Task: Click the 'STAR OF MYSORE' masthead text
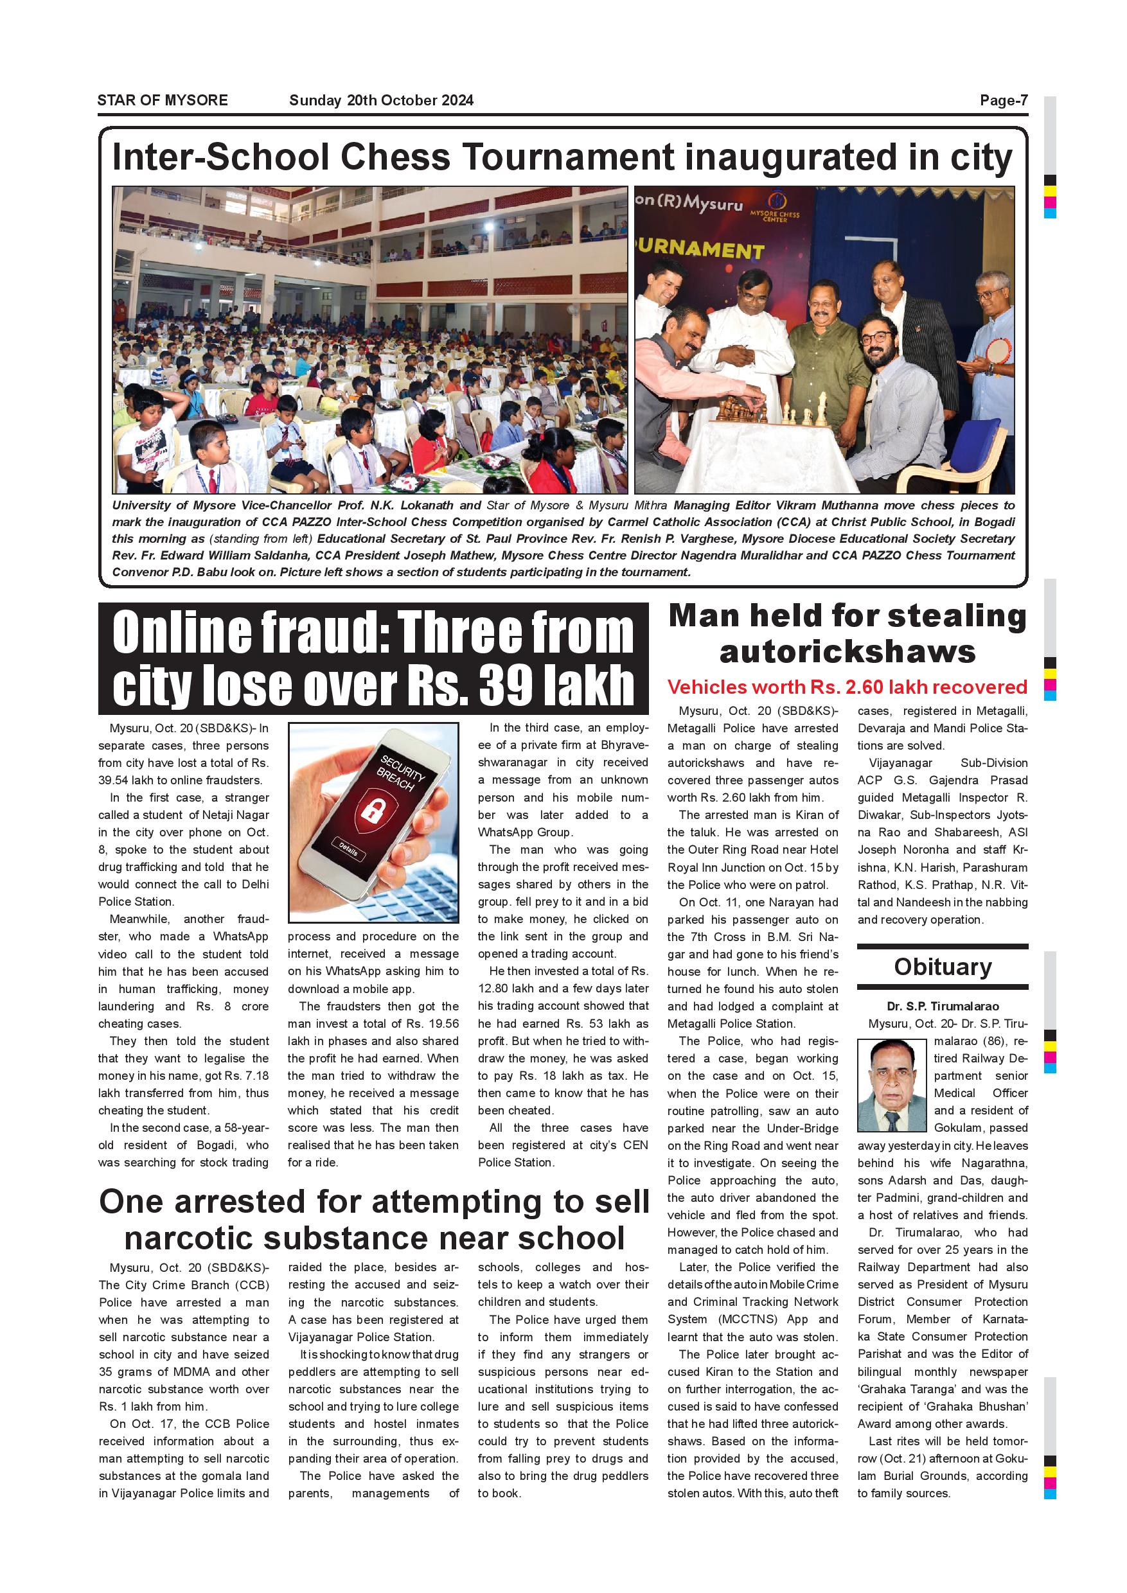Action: pos(163,100)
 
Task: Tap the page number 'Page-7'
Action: pos(1004,100)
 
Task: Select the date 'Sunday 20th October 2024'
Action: pos(381,100)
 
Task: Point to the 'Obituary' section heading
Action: pos(943,967)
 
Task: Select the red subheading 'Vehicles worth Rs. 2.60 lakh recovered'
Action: pos(847,687)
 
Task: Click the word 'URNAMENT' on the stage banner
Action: pos(701,249)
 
